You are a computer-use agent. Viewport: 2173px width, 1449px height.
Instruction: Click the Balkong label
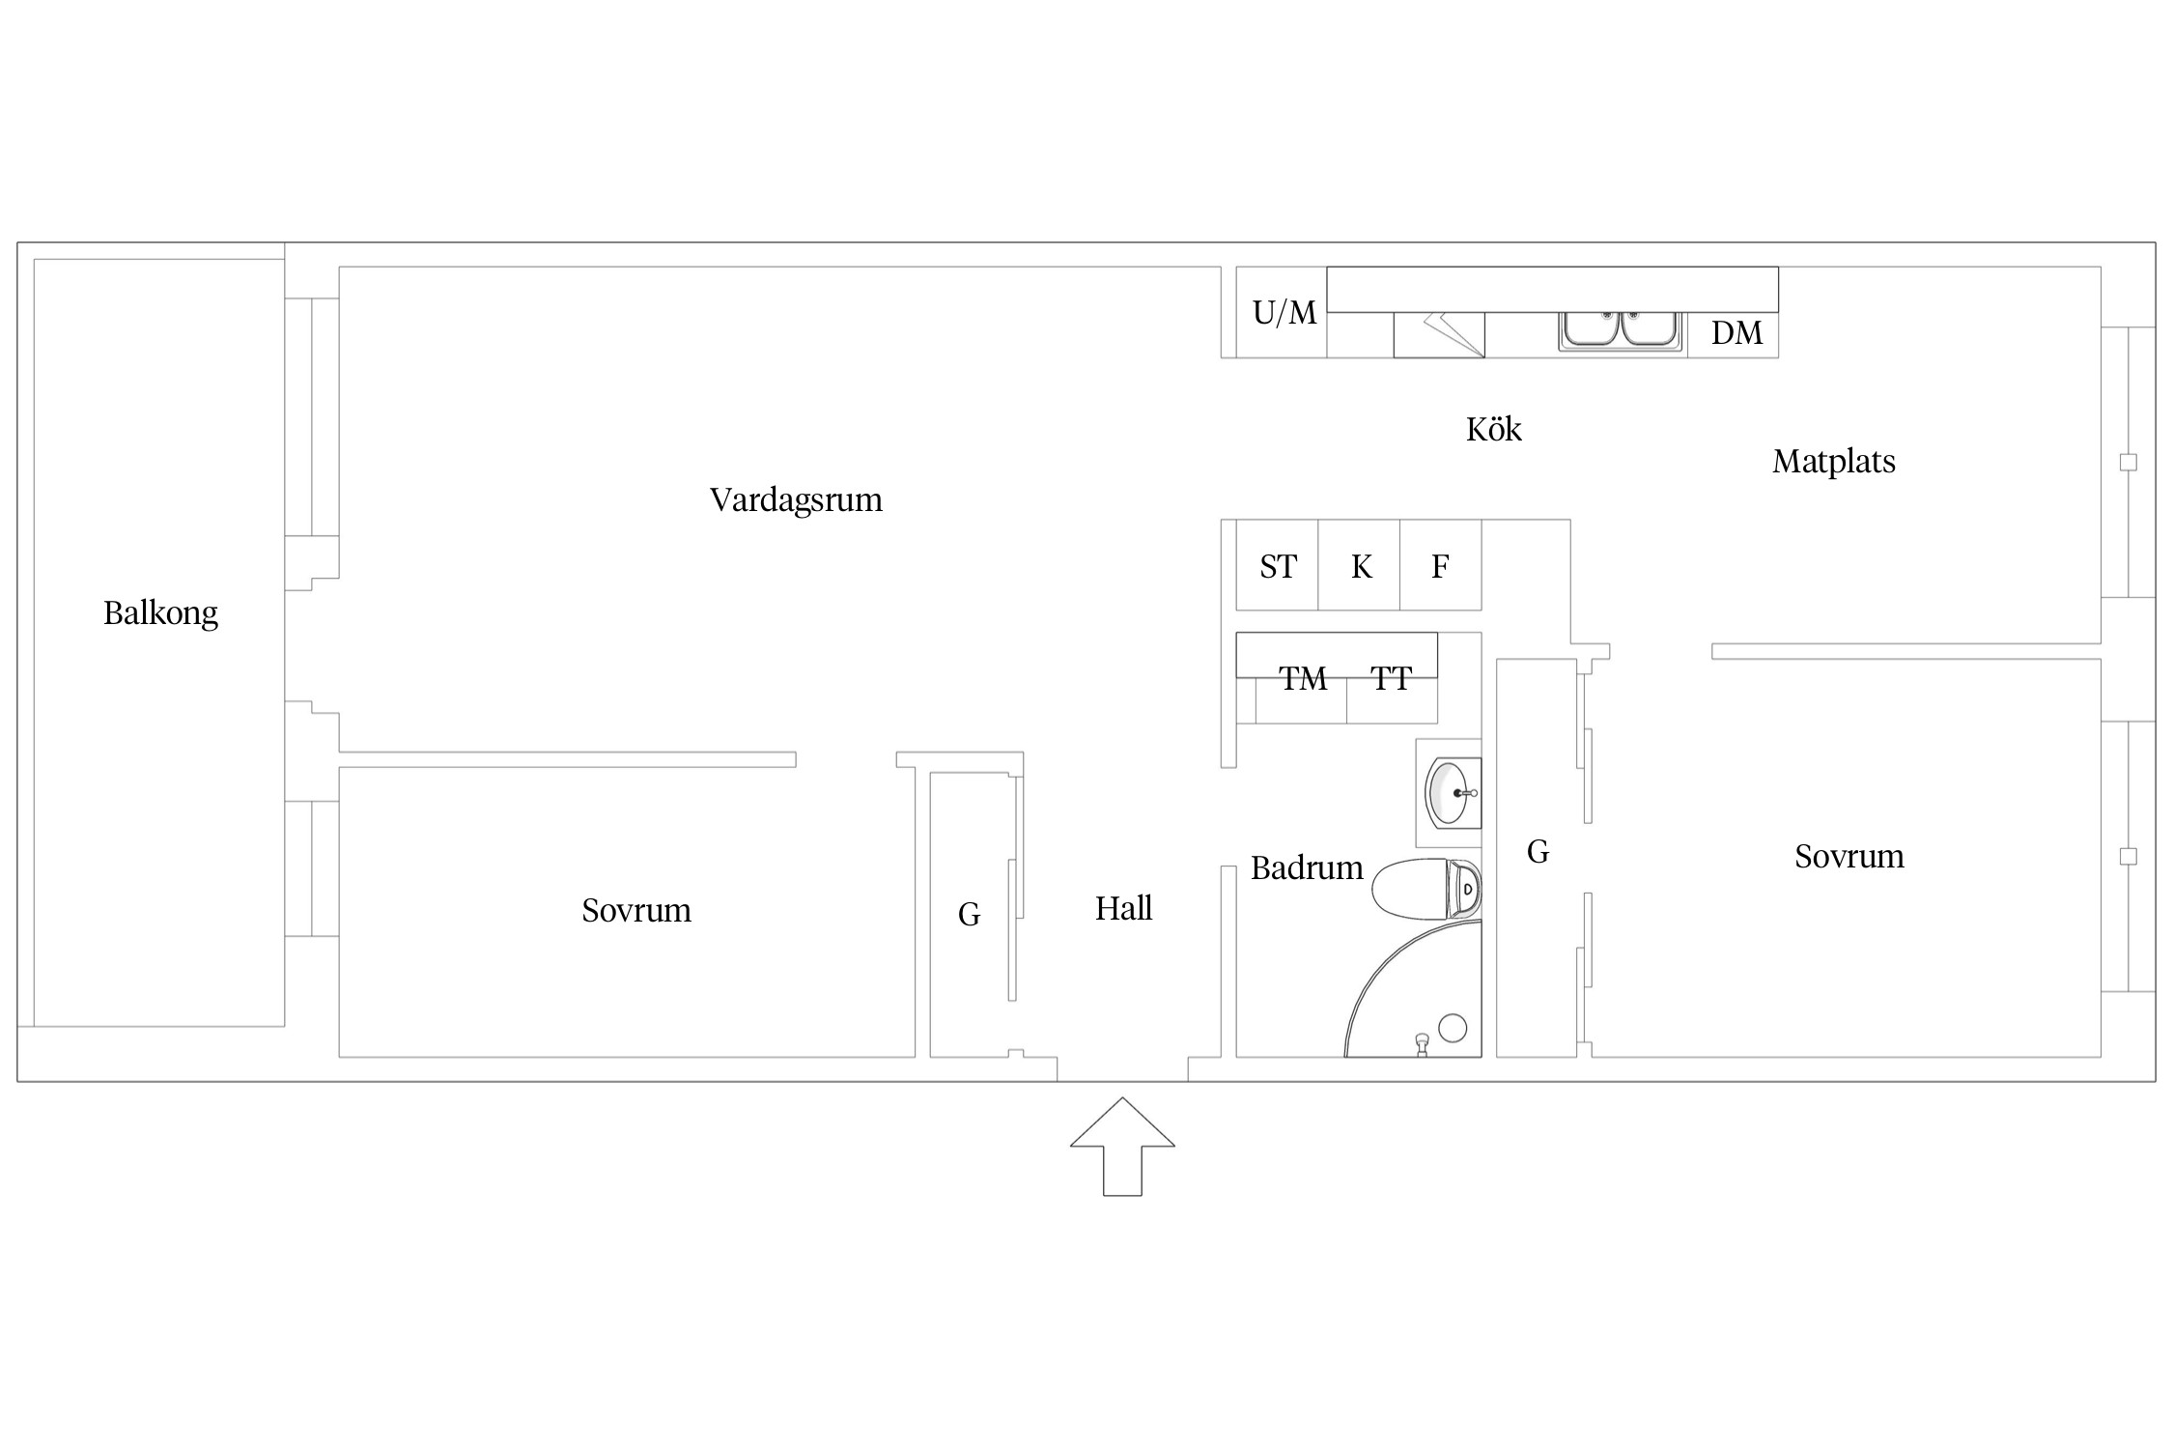click(160, 613)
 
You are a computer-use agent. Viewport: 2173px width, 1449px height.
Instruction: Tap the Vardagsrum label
click(796, 500)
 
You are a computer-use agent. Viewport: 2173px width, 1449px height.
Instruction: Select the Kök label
click(1493, 429)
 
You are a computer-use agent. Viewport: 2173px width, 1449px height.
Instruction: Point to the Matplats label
click(1833, 462)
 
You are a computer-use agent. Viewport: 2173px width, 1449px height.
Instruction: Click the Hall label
click(1123, 908)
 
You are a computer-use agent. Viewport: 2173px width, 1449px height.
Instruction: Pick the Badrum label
click(1307, 867)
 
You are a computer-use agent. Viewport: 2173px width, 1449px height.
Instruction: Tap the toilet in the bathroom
click(1425, 889)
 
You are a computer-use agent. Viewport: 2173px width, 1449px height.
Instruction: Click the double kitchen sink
click(1622, 329)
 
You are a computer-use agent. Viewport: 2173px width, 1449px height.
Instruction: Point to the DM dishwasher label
click(1736, 333)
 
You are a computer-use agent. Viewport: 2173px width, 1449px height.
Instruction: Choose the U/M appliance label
click(1284, 312)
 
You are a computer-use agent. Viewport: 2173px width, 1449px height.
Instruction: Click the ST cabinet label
click(1278, 567)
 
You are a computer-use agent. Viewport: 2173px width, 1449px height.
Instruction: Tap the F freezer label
click(1440, 567)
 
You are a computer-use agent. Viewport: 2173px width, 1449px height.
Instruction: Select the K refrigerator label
click(1361, 567)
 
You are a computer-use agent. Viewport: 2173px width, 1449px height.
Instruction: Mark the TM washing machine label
click(1303, 679)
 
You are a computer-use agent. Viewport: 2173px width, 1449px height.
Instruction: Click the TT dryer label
click(1391, 679)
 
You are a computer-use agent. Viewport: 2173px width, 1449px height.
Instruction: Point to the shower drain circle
click(1453, 1028)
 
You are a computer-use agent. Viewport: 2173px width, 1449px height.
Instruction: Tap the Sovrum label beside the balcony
click(636, 911)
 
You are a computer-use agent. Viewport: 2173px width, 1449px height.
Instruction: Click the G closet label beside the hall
click(969, 914)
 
